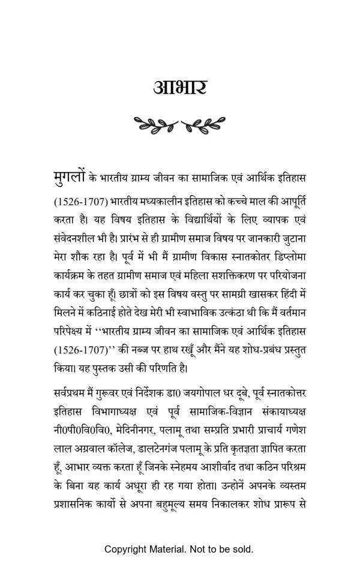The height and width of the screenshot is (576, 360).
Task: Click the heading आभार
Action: tap(180, 88)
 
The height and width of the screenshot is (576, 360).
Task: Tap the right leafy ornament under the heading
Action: tap(203, 125)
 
